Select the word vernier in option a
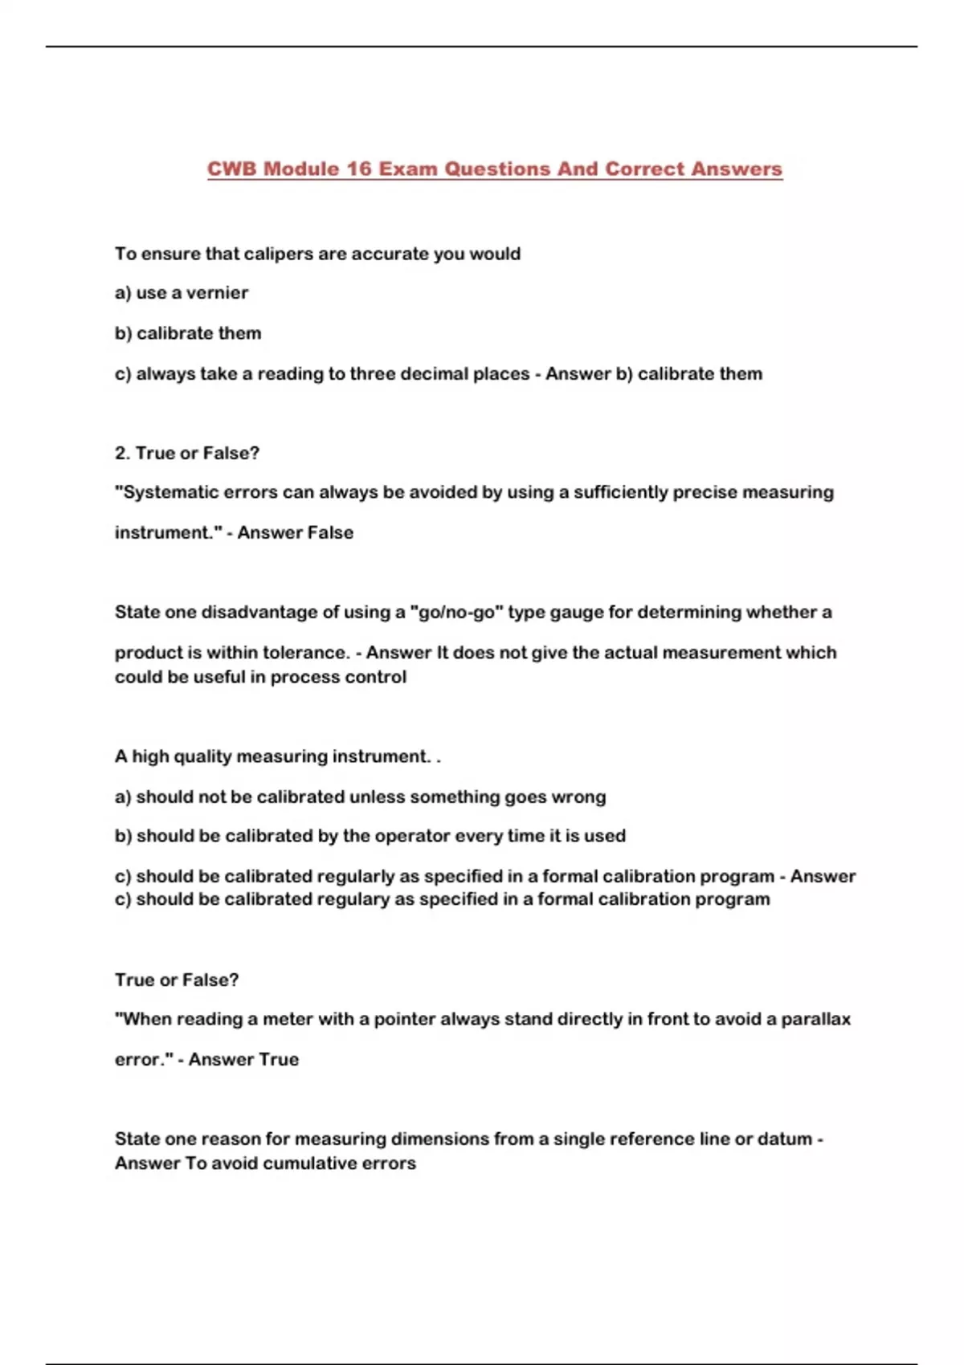pyautogui.click(x=217, y=293)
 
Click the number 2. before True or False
pyautogui.click(x=122, y=453)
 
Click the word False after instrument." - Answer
pyautogui.click(x=324, y=532)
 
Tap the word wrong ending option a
pyautogui.click(x=578, y=797)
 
